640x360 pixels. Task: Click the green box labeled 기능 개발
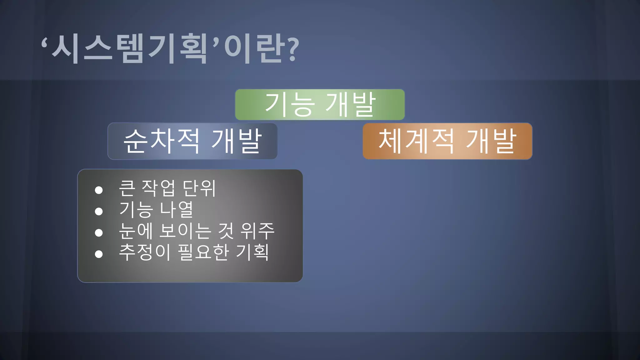320,104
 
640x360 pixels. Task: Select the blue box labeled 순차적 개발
192,141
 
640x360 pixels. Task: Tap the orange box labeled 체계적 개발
447,141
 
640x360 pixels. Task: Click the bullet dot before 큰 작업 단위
99,190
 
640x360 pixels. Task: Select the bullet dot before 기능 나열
99,212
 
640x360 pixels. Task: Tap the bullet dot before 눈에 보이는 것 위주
99,232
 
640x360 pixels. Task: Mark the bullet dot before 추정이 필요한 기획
99,254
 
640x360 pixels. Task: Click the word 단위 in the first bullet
199,188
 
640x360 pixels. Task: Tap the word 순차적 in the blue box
161,141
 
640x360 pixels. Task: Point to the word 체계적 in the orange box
416,141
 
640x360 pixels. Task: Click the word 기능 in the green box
289,104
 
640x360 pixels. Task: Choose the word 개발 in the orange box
491,141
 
